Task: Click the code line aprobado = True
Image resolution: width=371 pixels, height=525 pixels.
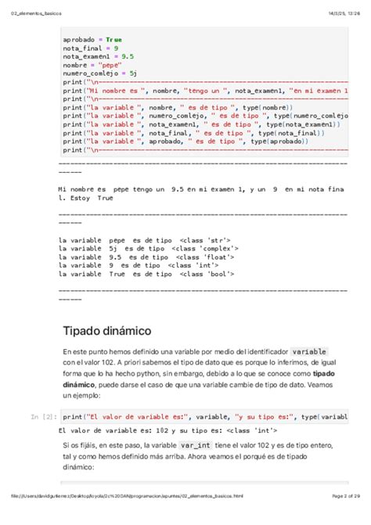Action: [x=92, y=39]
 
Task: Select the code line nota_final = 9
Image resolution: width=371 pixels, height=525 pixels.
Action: [x=91, y=48]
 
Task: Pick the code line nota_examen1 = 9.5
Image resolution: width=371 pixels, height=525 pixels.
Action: [x=99, y=56]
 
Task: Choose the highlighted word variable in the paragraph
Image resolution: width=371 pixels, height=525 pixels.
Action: [x=309, y=352]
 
